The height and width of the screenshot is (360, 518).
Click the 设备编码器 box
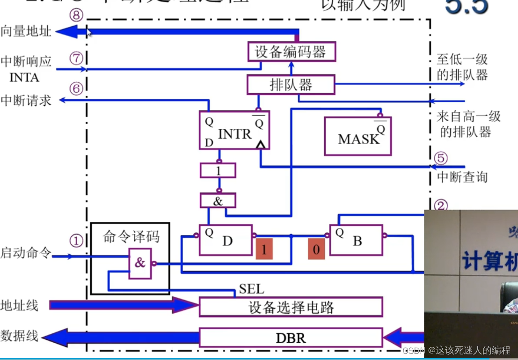click(291, 51)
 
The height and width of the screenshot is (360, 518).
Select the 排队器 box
click(291, 85)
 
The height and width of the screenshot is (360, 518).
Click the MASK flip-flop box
click(358, 136)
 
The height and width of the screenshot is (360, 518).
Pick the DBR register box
click(291, 337)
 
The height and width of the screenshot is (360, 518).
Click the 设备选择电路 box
click(291, 307)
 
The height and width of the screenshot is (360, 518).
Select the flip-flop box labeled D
click(227, 240)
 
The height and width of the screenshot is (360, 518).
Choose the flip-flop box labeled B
click(356, 240)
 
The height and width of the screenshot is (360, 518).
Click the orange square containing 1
click(264, 249)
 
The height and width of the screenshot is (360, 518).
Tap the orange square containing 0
click(316, 249)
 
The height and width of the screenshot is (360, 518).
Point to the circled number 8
click(77, 16)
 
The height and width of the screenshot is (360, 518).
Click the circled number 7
click(76, 59)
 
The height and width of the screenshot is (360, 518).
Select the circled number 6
click(76, 88)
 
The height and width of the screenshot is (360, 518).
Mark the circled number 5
click(440, 157)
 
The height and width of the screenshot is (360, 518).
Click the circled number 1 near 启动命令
click(76, 241)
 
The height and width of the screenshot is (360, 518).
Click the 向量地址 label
click(26, 32)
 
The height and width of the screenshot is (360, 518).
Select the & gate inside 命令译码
click(140, 263)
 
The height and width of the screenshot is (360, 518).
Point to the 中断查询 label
click(455, 177)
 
